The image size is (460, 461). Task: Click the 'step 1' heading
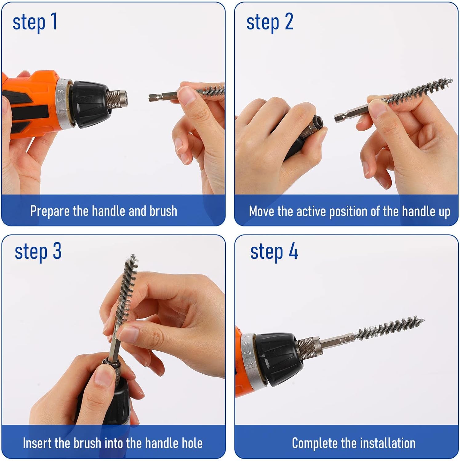coord(35,22)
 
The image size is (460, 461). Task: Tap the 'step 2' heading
coord(270,22)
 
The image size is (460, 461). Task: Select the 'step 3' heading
coord(38,252)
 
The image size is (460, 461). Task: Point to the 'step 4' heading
coord(274,252)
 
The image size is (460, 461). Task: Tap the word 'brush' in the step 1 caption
coord(163,211)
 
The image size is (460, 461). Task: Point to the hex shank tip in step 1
coord(151,98)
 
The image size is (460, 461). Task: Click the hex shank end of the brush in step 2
coord(338,117)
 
